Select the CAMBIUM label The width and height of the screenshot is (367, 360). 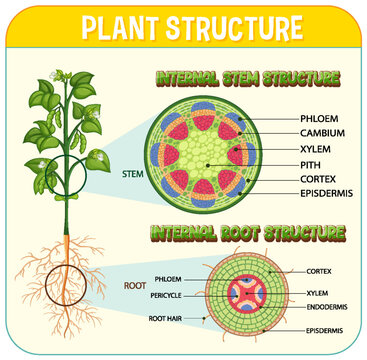(x=307, y=132)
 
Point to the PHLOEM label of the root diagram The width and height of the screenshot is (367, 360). (x=168, y=278)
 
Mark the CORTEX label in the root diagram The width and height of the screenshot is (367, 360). (x=319, y=270)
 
